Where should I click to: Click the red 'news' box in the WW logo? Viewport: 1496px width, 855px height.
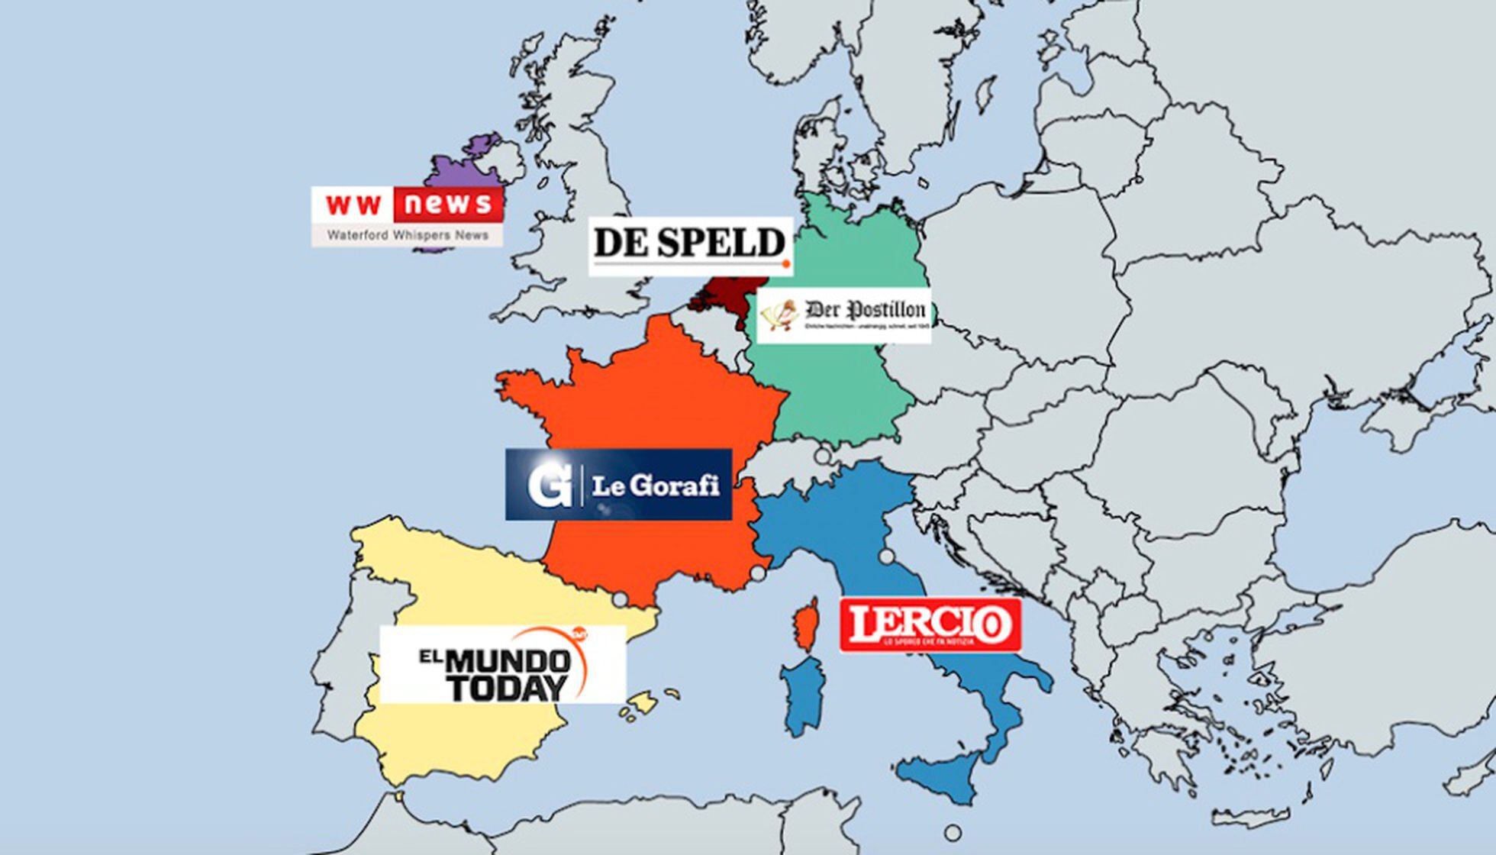pyautogui.click(x=449, y=205)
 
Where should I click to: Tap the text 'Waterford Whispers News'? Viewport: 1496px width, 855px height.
pyautogui.click(x=408, y=235)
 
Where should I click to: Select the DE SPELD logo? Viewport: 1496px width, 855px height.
pyautogui.click(x=690, y=244)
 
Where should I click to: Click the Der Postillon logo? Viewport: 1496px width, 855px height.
pyautogui.click(x=844, y=315)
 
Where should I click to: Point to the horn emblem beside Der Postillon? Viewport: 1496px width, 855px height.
pyautogui.click(x=779, y=314)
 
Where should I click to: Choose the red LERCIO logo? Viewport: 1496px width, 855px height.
pyautogui.click(x=930, y=625)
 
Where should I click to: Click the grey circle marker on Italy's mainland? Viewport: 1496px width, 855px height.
pyautogui.click(x=886, y=557)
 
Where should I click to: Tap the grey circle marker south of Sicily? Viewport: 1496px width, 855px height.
pyautogui.click(x=953, y=832)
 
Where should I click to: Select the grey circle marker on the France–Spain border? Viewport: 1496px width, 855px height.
pyautogui.click(x=621, y=599)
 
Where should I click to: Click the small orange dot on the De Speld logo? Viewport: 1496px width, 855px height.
pyautogui.click(x=785, y=265)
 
